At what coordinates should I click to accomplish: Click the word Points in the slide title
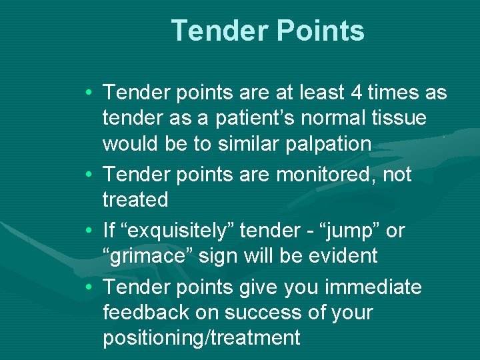318,31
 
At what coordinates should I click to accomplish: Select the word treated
135,199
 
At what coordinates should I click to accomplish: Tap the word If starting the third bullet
109,230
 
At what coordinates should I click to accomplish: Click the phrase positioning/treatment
201,337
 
